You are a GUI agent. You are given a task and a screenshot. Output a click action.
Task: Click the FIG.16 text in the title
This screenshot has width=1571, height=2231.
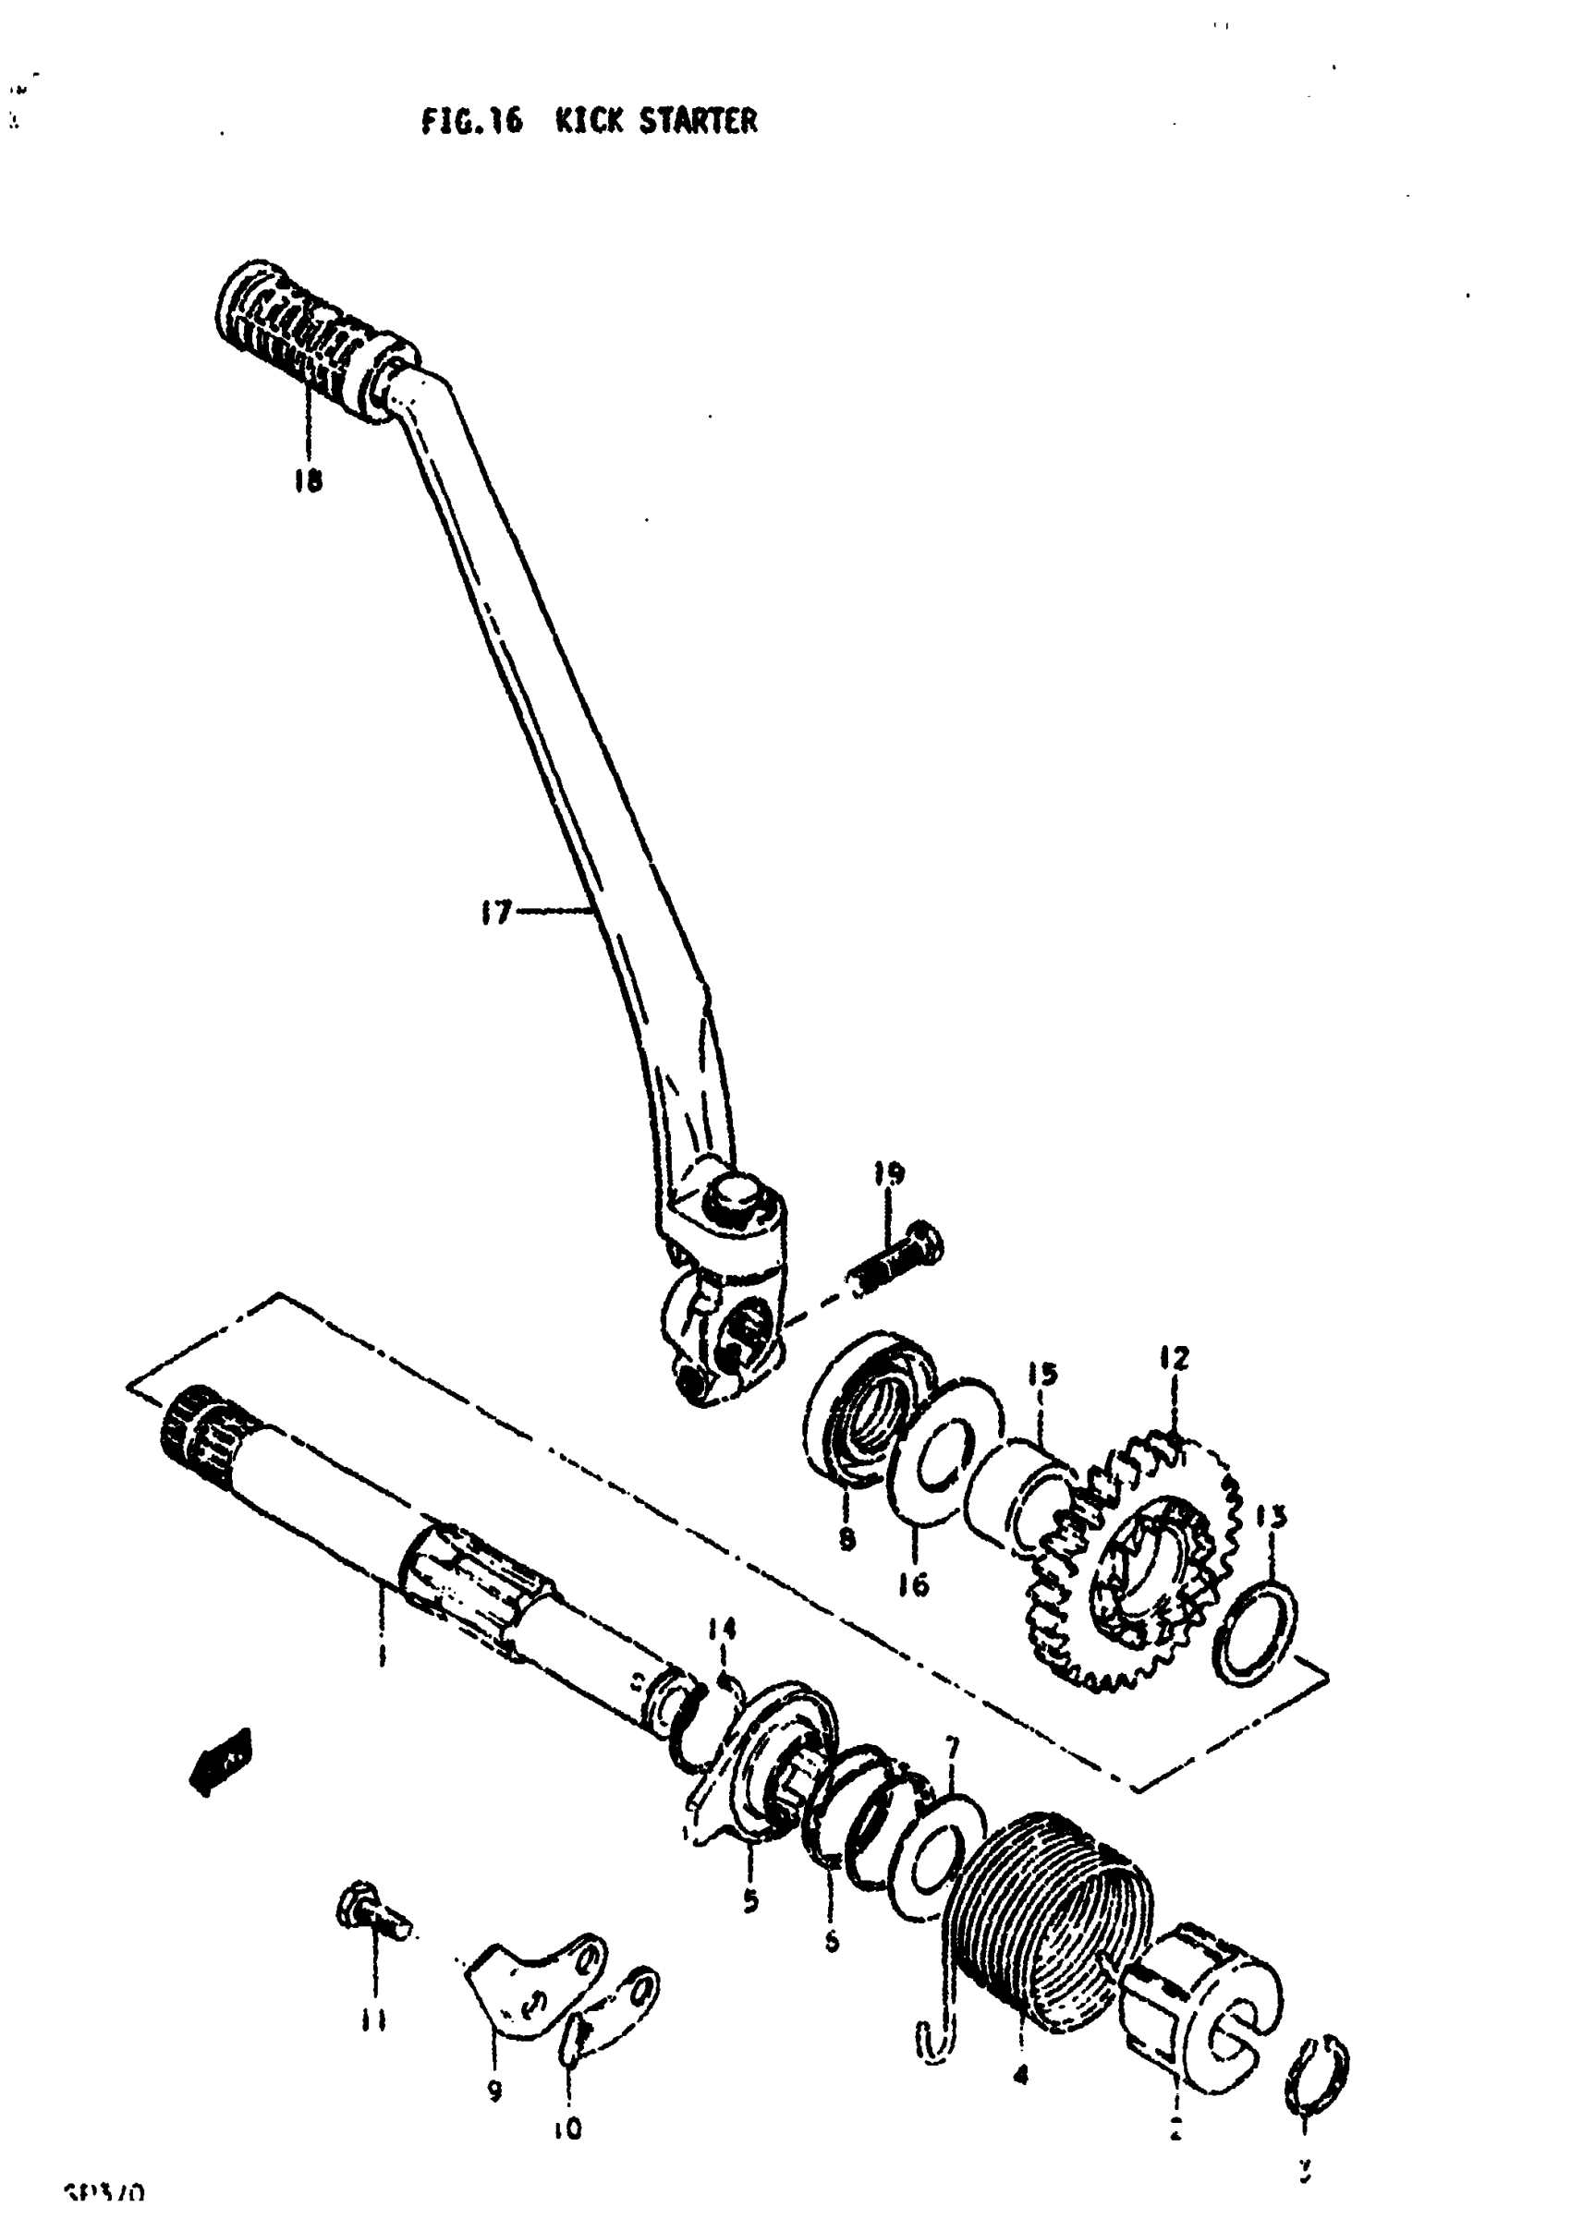(x=471, y=121)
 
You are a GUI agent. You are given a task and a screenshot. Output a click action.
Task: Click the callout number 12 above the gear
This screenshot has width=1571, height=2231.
(x=1174, y=1357)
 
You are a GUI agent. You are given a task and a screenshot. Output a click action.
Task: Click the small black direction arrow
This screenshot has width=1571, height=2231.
(x=221, y=1761)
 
